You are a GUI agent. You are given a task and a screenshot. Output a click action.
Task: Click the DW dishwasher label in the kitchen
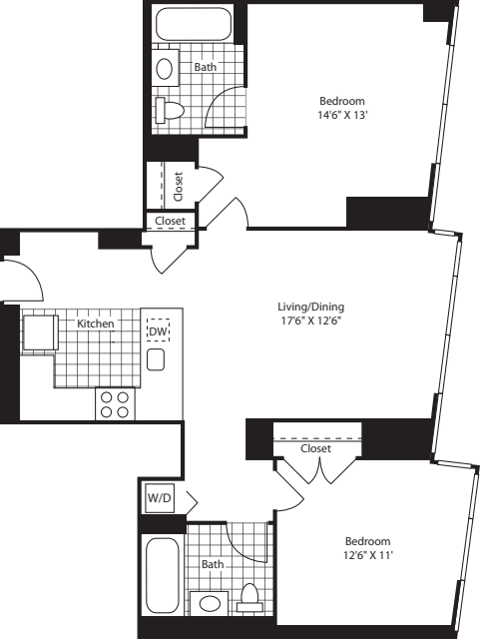(x=158, y=331)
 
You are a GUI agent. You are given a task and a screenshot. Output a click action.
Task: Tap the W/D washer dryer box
(x=160, y=498)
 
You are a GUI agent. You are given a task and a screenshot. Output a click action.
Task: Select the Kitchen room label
(x=96, y=323)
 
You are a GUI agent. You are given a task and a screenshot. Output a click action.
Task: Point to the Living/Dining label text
(x=311, y=307)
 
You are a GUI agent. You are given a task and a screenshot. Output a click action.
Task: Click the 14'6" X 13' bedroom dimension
(x=342, y=116)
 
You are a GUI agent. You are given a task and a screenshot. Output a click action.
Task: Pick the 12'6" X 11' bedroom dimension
(x=368, y=555)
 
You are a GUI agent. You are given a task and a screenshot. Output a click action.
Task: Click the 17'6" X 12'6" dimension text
(x=311, y=321)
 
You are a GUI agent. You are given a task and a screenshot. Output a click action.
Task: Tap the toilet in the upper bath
(x=170, y=110)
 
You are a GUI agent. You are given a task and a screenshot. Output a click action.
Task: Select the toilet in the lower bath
(x=249, y=598)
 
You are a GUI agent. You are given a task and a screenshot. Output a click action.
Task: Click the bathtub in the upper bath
(x=194, y=24)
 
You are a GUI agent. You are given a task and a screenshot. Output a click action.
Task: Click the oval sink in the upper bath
(x=165, y=69)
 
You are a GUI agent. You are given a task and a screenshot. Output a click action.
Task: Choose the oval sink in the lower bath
(x=210, y=603)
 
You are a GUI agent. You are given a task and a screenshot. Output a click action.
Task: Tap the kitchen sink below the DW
(x=156, y=359)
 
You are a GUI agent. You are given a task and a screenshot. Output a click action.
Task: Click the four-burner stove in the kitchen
(x=115, y=403)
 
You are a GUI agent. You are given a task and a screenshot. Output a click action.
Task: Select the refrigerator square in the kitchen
(x=40, y=332)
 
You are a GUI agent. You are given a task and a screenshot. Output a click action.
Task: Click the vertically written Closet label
(x=178, y=187)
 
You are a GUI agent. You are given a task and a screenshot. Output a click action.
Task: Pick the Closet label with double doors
(x=315, y=448)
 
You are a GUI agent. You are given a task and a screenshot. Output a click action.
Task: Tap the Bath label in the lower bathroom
(x=213, y=564)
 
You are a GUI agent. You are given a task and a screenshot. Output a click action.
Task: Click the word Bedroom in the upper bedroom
(x=342, y=101)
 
